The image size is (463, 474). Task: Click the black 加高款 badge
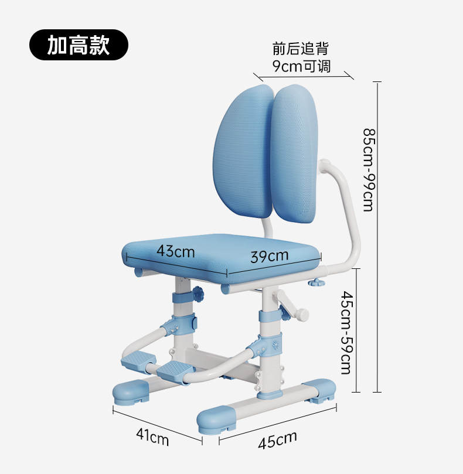[79, 45]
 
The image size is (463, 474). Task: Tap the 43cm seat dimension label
[175, 251]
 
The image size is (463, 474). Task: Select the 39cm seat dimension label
[270, 256]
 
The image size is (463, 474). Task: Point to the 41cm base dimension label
[152, 436]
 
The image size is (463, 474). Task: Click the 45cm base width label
[277, 440]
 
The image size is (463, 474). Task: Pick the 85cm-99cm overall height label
[367, 170]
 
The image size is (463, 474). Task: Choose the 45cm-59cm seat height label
[346, 332]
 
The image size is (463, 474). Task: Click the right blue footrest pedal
[174, 369]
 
